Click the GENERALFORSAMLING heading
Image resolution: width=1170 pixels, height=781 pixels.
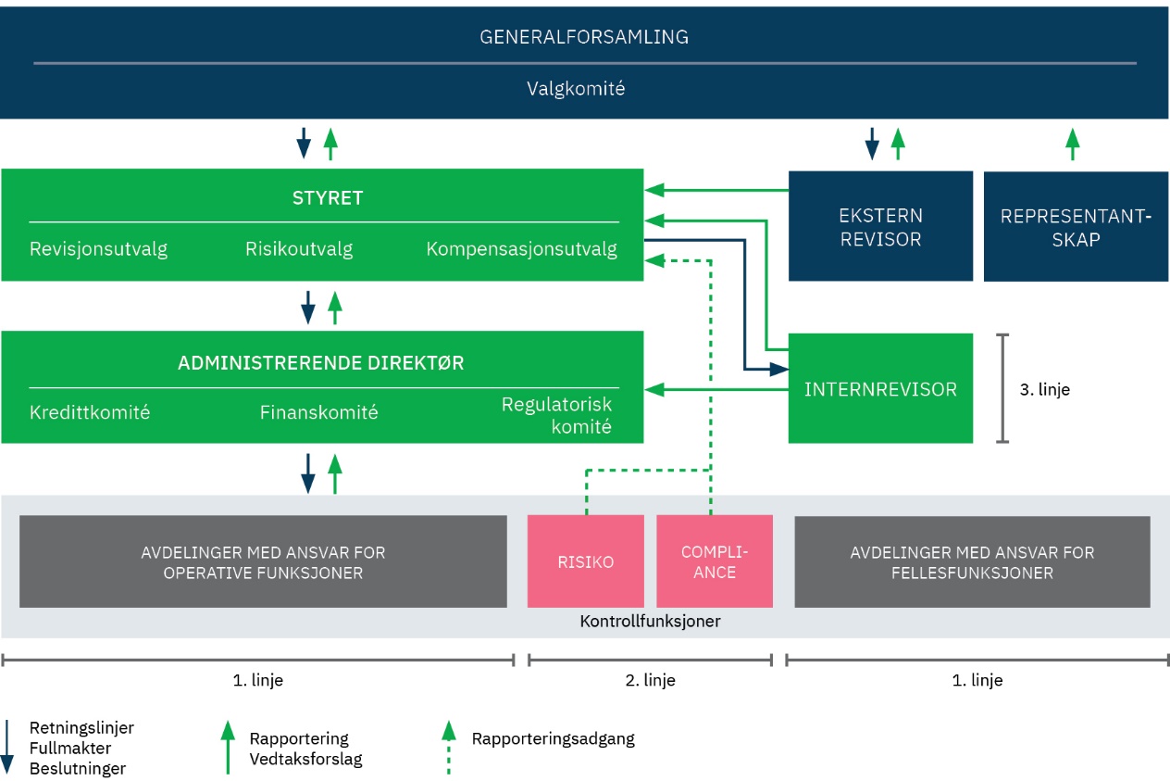tap(584, 36)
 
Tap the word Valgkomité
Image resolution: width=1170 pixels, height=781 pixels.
tap(576, 88)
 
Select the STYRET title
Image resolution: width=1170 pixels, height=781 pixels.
tap(328, 198)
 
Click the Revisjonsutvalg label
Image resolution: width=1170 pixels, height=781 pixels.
tap(98, 249)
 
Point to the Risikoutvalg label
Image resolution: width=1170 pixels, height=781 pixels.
tap(299, 249)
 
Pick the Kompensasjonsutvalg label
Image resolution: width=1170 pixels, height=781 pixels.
tap(521, 249)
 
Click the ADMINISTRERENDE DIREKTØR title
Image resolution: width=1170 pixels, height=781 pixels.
tap(320, 363)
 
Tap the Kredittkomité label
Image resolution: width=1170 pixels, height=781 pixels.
tap(90, 412)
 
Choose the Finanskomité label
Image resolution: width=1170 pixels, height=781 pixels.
tap(318, 412)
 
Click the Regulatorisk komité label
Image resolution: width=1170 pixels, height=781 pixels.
tap(557, 416)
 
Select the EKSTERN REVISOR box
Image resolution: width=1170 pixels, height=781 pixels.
tap(880, 226)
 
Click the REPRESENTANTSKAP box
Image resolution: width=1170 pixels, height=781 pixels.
tap(1076, 226)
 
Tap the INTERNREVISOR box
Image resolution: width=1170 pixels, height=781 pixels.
tap(880, 388)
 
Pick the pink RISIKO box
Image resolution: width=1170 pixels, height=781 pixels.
tap(586, 561)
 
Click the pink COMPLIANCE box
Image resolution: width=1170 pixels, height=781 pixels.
tap(715, 561)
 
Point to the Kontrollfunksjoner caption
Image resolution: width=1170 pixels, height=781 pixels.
tap(651, 621)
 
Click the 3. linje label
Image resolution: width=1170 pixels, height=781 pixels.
tap(1045, 389)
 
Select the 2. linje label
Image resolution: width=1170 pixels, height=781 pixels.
tap(651, 680)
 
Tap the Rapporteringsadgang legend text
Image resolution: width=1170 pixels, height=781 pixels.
tap(554, 738)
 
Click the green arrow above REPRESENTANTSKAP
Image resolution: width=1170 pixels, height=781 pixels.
tap(1072, 145)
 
